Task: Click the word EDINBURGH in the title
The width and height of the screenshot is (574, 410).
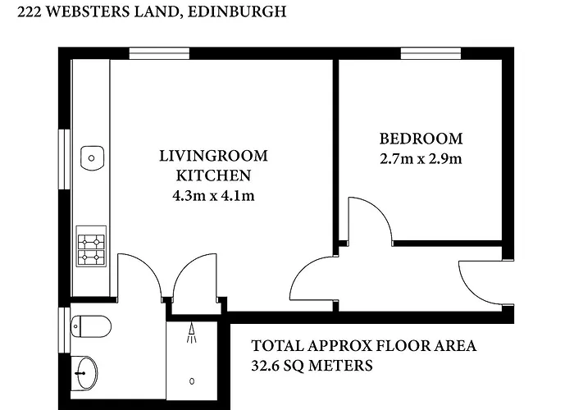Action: coord(237,11)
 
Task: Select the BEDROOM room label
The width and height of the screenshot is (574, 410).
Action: coord(421,139)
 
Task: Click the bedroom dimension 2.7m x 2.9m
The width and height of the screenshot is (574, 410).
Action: coord(421,159)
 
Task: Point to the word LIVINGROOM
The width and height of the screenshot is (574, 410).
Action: coord(213,156)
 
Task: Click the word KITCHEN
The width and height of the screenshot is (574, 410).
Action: coord(213,175)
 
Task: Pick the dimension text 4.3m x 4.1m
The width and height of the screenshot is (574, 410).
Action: coord(213,196)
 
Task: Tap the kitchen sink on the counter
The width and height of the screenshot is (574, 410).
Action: coord(92,158)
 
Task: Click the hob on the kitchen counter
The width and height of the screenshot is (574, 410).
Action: coord(91,246)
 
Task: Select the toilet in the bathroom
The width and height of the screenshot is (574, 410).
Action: coord(91,326)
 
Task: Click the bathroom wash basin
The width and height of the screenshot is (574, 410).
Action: coord(84,373)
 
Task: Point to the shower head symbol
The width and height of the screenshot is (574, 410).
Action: coord(191,332)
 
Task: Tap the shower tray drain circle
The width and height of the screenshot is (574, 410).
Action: coord(192,381)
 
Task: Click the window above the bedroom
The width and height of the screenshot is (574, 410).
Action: coord(430,53)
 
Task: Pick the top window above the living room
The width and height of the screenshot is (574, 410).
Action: coord(159,53)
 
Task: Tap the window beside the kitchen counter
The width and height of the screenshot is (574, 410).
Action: coord(65,159)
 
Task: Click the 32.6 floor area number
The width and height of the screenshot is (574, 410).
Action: coord(266,366)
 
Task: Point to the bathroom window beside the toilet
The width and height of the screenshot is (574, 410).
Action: coord(65,330)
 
